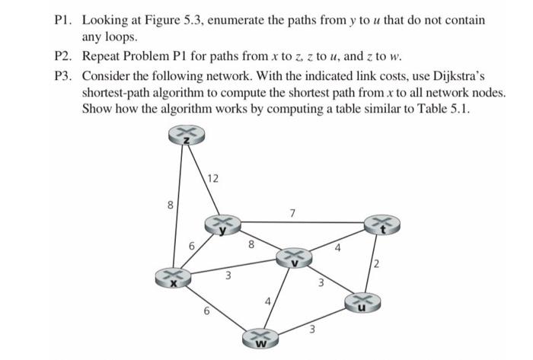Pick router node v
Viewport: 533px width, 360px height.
(x=295, y=260)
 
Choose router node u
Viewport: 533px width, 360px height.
(x=362, y=303)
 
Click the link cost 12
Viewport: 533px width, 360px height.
(x=213, y=179)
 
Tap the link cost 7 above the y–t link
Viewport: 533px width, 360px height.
(x=292, y=211)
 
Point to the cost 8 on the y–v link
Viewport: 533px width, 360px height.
(x=251, y=245)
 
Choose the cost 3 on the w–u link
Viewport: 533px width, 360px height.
(x=311, y=330)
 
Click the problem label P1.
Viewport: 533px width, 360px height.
(x=63, y=19)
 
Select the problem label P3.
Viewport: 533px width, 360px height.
(x=63, y=78)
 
